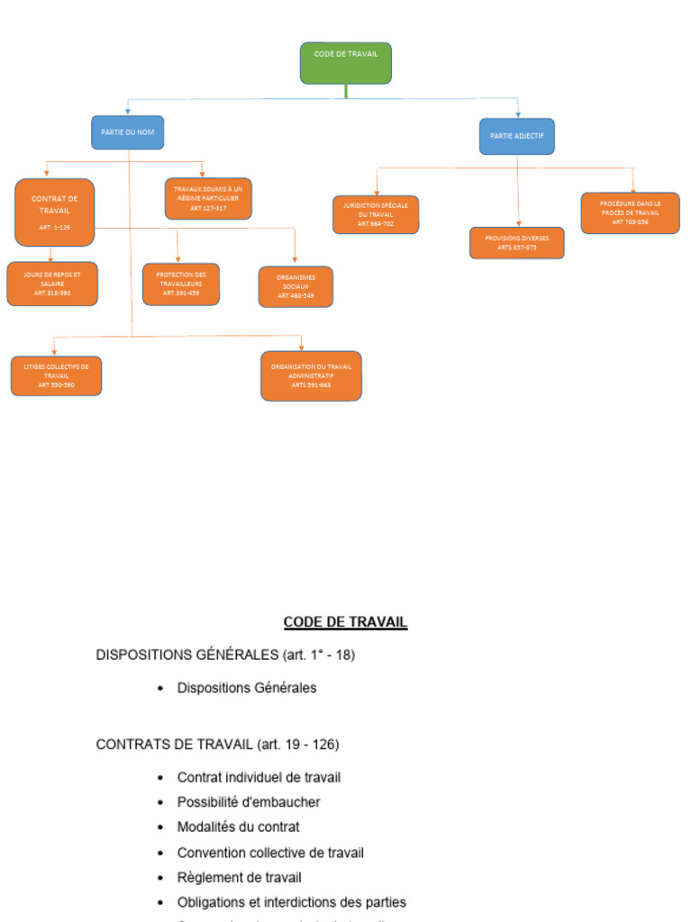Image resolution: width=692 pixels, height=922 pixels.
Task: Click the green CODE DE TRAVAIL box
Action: click(x=345, y=62)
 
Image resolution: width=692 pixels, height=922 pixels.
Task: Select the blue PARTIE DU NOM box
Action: click(x=127, y=132)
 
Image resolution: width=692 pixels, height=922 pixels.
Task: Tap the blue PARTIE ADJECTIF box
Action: click(x=516, y=136)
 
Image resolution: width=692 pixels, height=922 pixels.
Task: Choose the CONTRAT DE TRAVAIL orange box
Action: click(x=55, y=212)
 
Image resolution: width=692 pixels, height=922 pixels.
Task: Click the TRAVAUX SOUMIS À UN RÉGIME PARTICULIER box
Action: click(x=208, y=198)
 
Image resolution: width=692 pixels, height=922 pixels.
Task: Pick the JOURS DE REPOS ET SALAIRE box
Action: click(x=52, y=284)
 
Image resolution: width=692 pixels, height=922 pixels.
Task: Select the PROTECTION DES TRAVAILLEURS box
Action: click(x=181, y=284)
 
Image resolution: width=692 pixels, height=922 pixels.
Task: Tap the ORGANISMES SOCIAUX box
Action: click(x=296, y=286)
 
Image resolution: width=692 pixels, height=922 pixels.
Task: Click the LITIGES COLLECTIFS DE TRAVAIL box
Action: click(x=56, y=375)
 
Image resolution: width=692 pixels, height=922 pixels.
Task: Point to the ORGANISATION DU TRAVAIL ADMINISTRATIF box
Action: click(x=311, y=375)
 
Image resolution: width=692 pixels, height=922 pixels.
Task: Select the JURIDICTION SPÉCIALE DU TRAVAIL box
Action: click(x=376, y=214)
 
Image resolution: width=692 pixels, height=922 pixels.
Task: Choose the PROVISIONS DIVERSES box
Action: click(x=516, y=242)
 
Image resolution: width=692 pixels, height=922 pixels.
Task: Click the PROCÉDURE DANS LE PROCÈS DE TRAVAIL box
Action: click(x=630, y=212)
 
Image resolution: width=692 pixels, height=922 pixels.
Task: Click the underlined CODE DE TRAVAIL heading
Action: click(x=345, y=622)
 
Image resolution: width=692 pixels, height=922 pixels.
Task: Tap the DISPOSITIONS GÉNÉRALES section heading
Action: click(x=225, y=655)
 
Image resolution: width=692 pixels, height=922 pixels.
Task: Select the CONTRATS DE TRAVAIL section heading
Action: click(x=217, y=745)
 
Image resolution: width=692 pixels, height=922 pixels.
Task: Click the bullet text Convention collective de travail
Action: click(x=270, y=852)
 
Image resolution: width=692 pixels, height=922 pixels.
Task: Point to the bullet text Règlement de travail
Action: click(x=239, y=877)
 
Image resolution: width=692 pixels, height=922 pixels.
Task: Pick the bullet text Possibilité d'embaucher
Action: click(x=248, y=801)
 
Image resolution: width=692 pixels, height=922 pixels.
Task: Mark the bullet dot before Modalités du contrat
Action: click(x=160, y=827)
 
